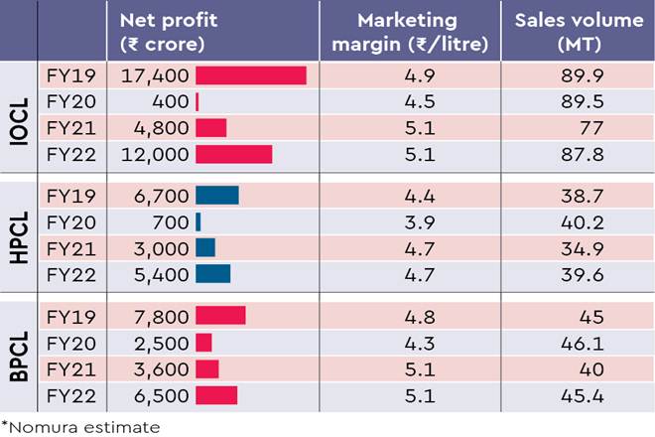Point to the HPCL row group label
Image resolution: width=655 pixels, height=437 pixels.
click(x=18, y=234)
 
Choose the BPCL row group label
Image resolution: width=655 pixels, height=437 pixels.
click(x=18, y=354)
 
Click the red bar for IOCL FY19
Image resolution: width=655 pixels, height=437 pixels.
click(x=251, y=75)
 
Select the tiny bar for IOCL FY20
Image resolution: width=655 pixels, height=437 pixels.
click(x=197, y=101)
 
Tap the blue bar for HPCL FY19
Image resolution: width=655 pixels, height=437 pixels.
click(x=217, y=195)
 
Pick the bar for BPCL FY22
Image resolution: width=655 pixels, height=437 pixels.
click(x=216, y=395)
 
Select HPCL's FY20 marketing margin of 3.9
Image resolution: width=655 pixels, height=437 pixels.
click(x=395, y=221)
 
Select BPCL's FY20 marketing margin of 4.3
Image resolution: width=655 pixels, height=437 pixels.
click(x=395, y=343)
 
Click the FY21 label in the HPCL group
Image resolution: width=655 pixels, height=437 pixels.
click(x=69, y=247)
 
